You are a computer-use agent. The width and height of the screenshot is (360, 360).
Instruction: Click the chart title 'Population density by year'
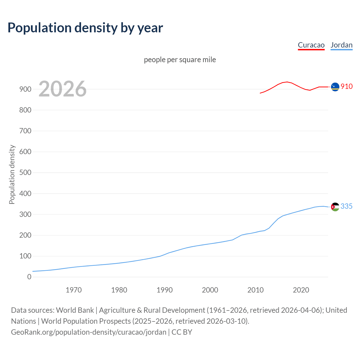[x=85, y=28]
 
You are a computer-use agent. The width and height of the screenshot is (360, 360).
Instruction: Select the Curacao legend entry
[x=311, y=45]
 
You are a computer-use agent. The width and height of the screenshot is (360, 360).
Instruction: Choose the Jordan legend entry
[x=341, y=45]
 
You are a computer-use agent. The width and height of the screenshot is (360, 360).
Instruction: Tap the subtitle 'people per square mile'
[x=180, y=60]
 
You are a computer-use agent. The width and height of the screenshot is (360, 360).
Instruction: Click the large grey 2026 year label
[x=62, y=89]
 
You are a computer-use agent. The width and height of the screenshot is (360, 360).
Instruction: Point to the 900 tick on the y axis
[x=25, y=89]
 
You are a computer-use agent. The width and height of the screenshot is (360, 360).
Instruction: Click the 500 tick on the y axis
[x=25, y=173]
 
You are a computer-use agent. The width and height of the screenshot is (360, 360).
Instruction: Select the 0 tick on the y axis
[x=29, y=277]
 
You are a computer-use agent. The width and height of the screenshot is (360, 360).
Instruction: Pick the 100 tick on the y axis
[x=25, y=256]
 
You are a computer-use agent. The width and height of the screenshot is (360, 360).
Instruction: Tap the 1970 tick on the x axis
[x=74, y=290]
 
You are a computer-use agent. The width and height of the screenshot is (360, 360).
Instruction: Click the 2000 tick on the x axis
[x=210, y=290]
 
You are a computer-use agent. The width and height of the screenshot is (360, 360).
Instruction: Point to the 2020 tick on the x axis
[x=301, y=290]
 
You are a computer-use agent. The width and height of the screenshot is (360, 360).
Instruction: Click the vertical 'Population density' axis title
[x=12, y=174]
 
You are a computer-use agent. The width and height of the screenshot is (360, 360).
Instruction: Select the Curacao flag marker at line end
[x=335, y=87]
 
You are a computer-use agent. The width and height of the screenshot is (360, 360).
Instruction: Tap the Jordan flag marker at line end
[x=335, y=207]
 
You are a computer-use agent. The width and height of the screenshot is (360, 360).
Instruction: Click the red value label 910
[x=346, y=86]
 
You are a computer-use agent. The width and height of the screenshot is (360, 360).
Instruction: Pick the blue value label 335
[x=346, y=206]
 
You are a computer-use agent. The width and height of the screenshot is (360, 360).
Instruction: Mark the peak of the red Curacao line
[x=287, y=82]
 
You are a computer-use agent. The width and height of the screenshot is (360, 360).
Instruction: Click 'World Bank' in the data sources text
[x=75, y=310]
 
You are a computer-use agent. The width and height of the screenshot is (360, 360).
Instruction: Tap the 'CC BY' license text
[x=182, y=332]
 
